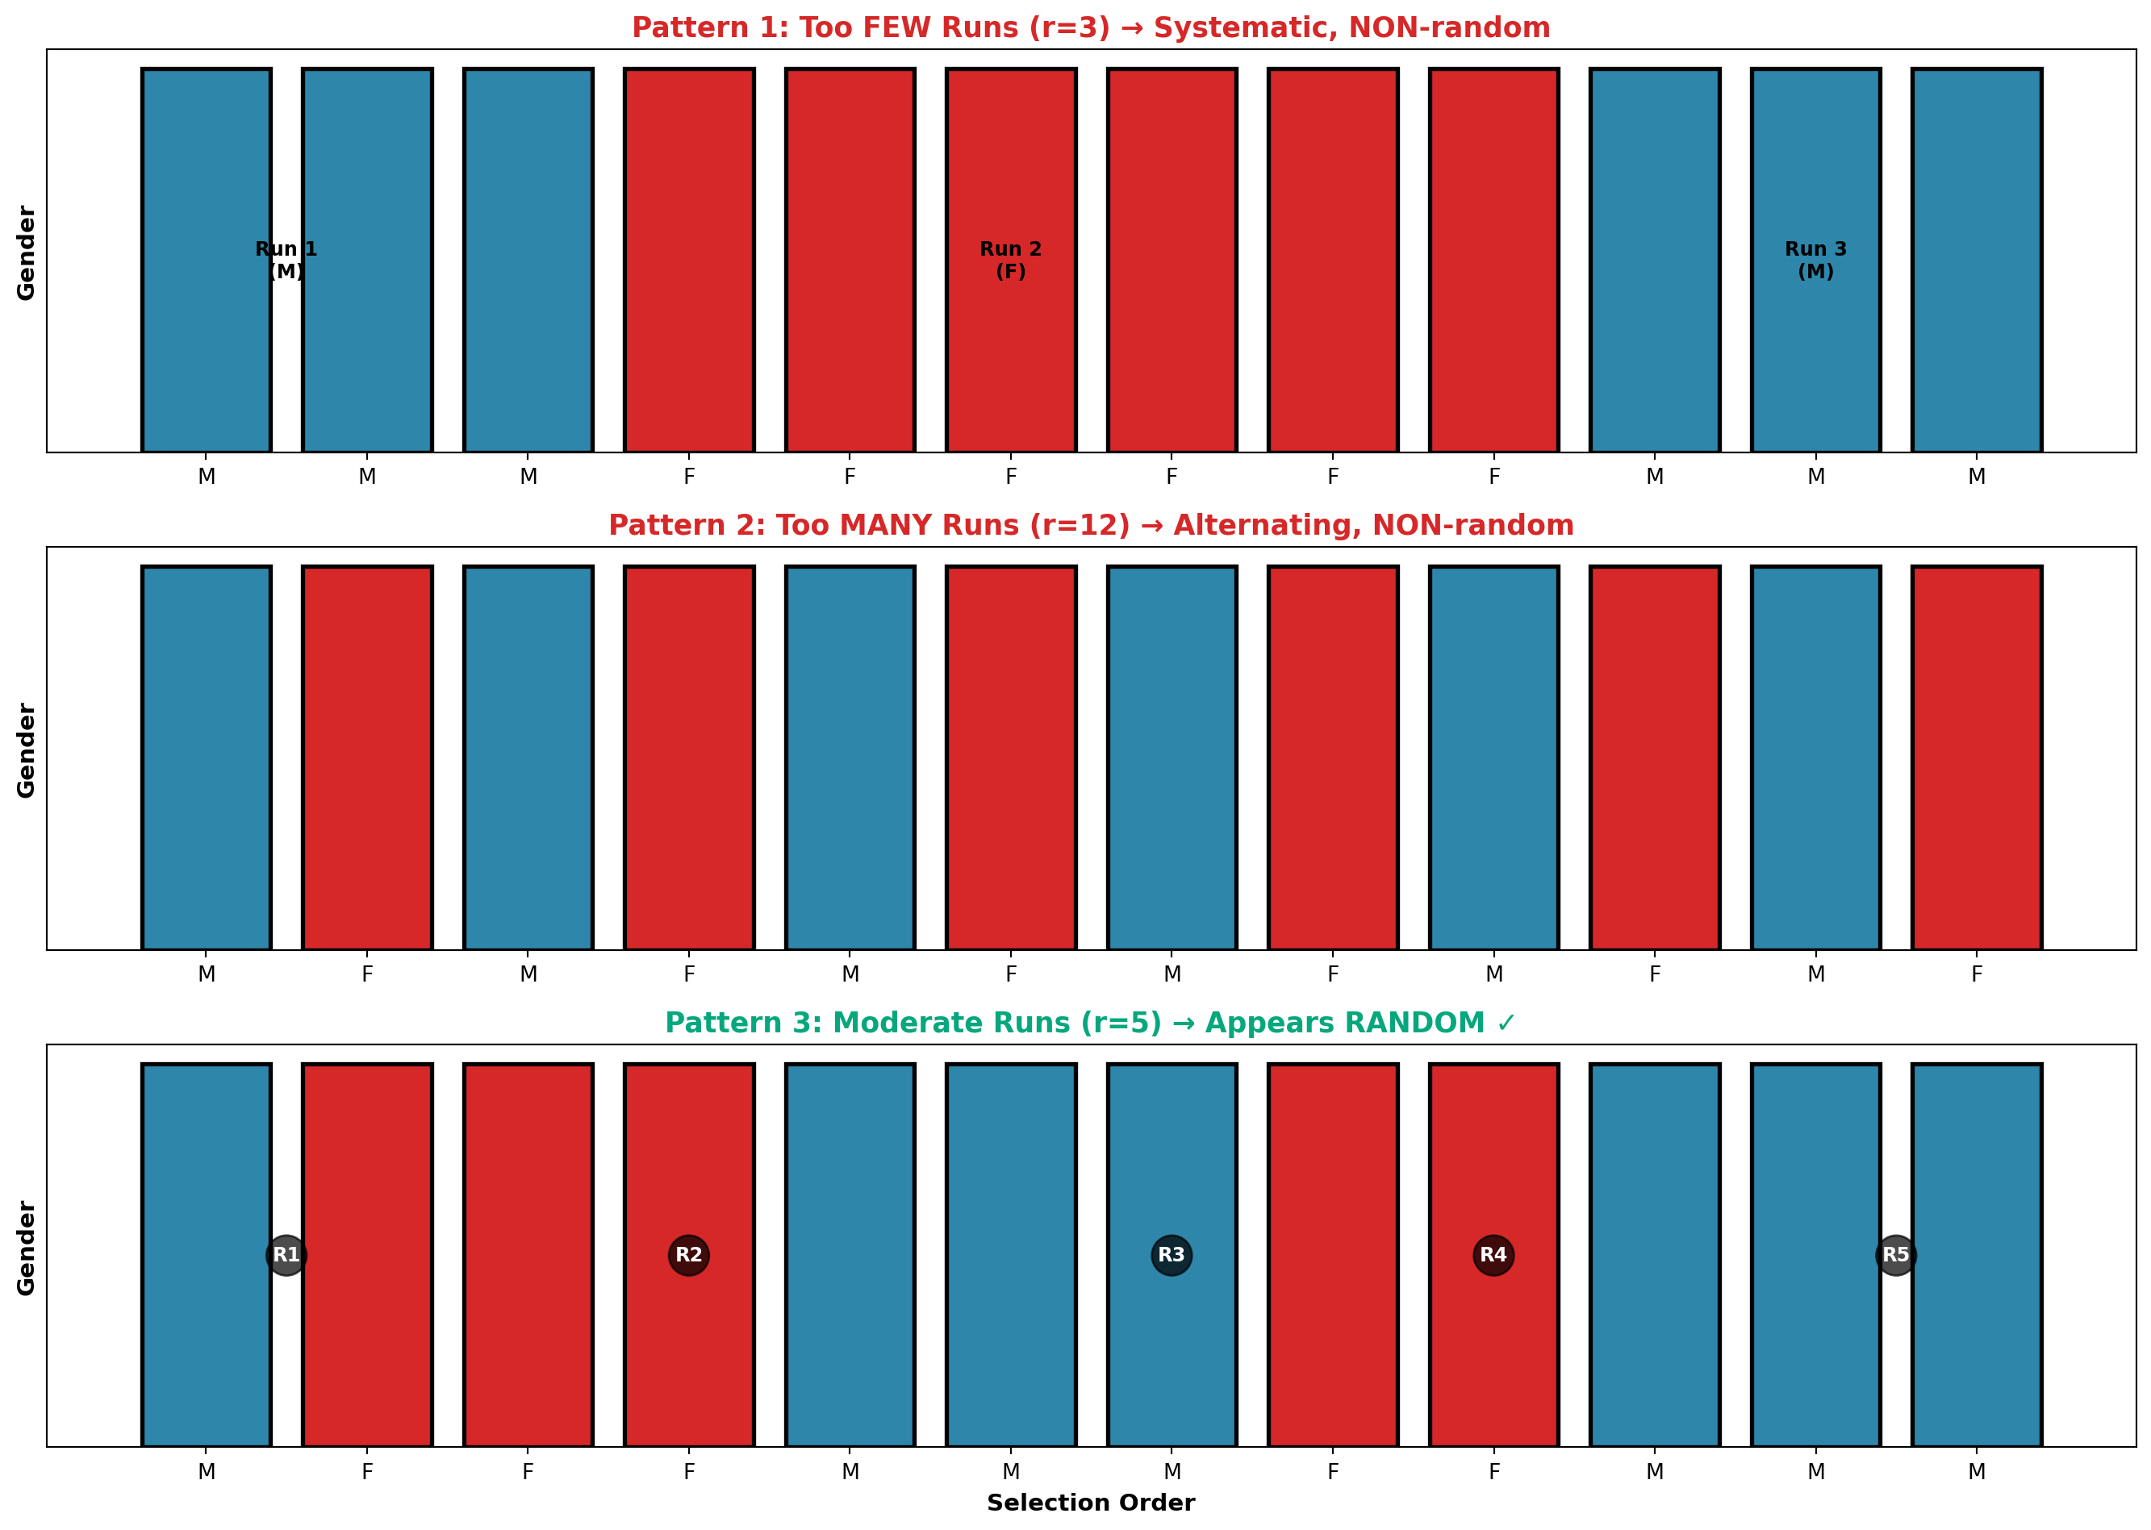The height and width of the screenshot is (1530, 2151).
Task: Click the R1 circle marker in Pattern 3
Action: click(286, 1255)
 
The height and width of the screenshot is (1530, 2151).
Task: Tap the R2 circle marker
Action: click(689, 1255)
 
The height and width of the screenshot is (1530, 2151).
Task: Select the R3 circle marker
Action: click(1172, 1255)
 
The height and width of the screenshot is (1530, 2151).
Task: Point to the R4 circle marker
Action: click(1493, 1255)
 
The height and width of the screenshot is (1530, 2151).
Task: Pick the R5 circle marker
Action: click(1896, 1255)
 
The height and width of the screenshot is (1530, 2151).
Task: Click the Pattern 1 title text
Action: click(1091, 28)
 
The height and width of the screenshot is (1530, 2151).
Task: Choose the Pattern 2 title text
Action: click(1091, 526)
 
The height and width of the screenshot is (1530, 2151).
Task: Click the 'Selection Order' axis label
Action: click(1091, 1503)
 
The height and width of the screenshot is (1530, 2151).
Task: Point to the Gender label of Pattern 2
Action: click(27, 750)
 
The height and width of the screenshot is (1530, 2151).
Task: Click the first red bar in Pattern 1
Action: click(689, 260)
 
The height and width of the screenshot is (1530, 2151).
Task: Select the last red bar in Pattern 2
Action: click(1977, 757)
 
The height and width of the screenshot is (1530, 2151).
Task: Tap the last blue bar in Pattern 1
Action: click(1977, 260)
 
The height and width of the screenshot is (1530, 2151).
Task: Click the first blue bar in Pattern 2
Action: click(207, 757)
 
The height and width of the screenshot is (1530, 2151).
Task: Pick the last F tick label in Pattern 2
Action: click(1977, 974)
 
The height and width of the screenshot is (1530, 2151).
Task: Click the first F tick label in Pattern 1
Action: click(689, 477)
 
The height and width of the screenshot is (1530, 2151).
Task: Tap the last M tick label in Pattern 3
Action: click(1977, 1472)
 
